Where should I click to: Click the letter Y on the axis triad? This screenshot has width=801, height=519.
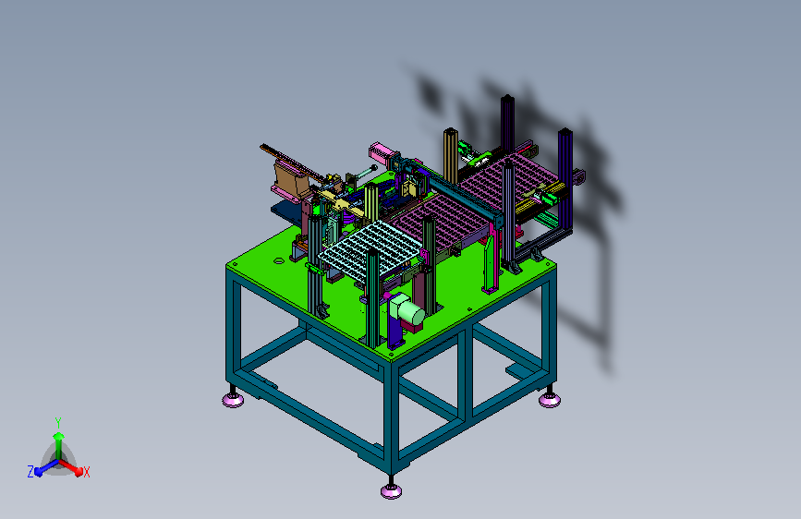[58, 423]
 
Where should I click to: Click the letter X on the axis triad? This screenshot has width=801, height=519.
[86, 473]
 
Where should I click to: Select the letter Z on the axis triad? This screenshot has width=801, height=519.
[30, 472]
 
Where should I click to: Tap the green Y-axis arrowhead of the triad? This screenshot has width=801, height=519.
[59, 436]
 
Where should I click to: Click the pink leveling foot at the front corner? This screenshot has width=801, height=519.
[392, 491]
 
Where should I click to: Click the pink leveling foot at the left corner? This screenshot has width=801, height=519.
[233, 400]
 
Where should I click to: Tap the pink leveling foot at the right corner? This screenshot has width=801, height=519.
[550, 400]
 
